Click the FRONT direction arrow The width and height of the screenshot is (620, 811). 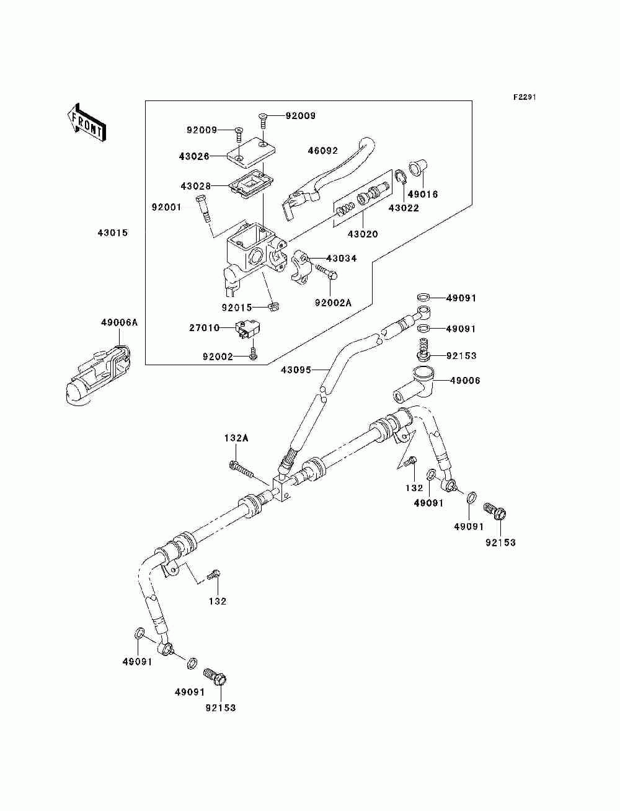[86, 122]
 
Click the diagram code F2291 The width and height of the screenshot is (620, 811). [525, 97]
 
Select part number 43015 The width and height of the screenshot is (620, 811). [113, 233]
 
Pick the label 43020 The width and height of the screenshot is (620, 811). [363, 234]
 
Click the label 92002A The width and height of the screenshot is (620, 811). [334, 303]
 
